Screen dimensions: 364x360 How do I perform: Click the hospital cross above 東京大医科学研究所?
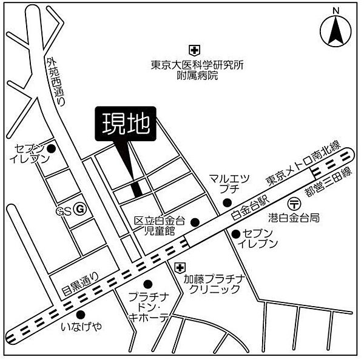(x=193, y=50)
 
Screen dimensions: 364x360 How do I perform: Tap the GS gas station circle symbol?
(x=79, y=207)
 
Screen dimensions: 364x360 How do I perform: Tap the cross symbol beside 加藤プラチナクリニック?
(x=179, y=267)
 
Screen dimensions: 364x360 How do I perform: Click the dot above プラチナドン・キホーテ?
(x=147, y=284)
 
